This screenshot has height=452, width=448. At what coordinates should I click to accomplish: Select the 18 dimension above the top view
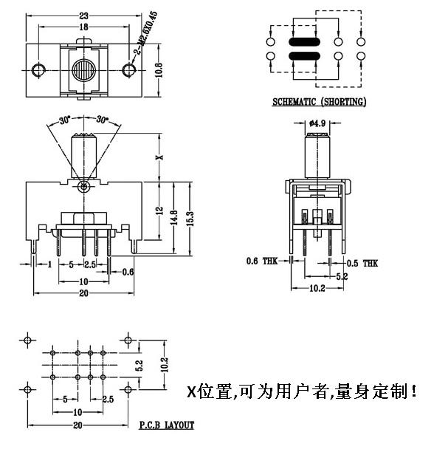83,27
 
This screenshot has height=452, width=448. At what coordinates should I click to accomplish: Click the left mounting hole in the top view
38,70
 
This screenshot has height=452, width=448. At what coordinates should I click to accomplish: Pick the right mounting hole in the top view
129,70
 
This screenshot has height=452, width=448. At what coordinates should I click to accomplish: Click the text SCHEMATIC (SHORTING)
319,102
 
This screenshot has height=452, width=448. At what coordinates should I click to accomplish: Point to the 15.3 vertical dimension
189,218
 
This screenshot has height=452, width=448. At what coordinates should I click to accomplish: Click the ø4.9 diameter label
318,123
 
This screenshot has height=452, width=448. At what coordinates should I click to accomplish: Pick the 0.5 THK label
362,262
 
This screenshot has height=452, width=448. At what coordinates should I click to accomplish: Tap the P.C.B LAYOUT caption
166,425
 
